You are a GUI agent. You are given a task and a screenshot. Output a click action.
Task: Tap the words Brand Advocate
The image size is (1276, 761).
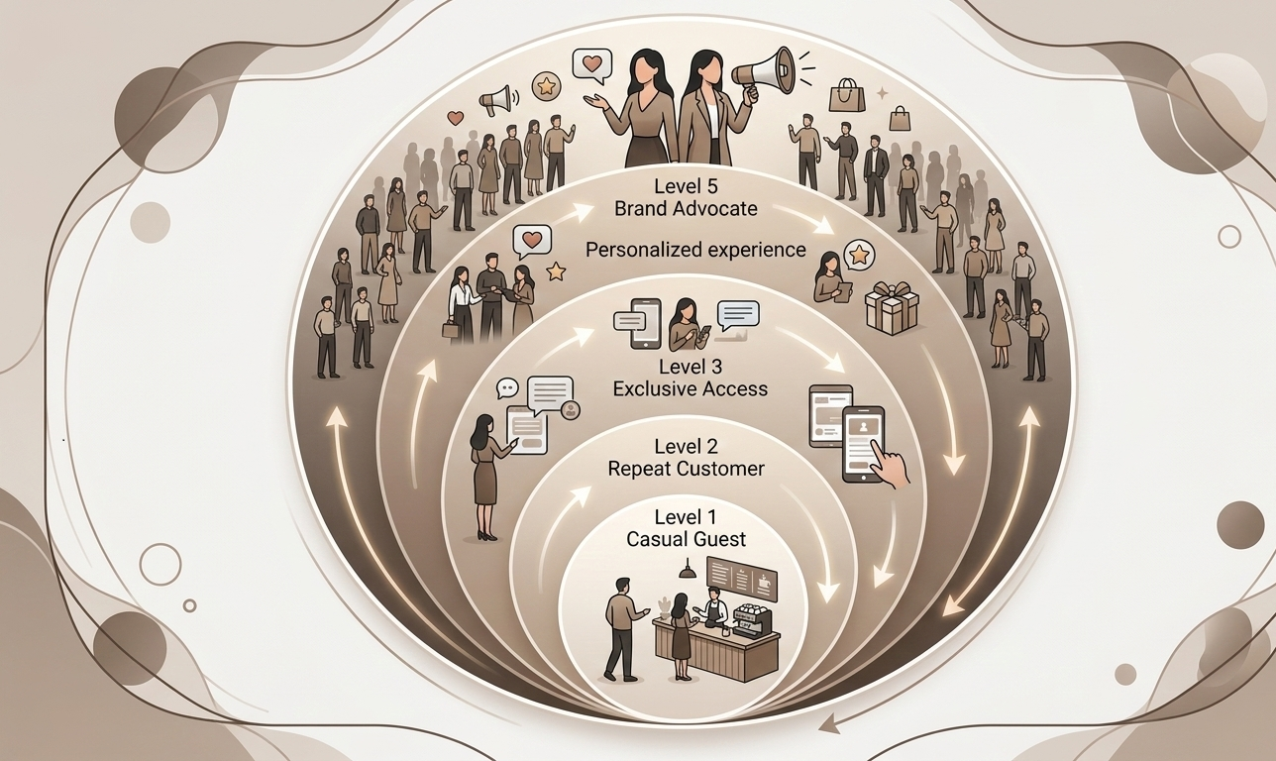(686, 209)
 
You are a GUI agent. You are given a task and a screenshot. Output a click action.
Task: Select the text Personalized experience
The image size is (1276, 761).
(695, 250)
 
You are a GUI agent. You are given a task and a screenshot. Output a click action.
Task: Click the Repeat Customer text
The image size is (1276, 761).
(686, 469)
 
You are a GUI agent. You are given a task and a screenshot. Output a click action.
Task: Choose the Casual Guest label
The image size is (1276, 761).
(686, 540)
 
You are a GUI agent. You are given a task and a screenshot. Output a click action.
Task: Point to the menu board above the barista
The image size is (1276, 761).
(740, 578)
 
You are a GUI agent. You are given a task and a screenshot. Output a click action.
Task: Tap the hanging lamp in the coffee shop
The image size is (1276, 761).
(686, 571)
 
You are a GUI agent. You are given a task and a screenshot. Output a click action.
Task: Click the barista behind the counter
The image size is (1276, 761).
(714, 607)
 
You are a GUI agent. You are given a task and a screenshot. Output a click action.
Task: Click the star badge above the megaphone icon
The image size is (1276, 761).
(544, 85)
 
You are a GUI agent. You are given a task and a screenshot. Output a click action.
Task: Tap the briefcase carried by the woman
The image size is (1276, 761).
(452, 329)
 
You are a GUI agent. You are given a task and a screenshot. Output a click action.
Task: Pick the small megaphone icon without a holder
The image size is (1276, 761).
(494, 99)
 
